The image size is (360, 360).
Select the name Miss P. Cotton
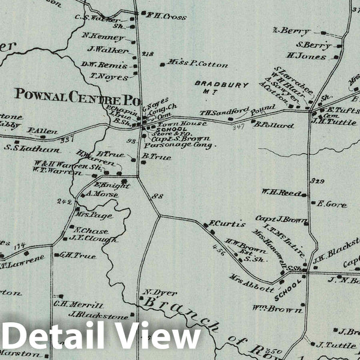tap(190, 64)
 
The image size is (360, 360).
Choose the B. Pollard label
tap(274, 125)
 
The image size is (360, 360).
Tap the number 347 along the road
tap(241, 127)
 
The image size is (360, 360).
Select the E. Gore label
tap(332, 205)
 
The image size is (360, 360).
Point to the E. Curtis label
tap(227, 224)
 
